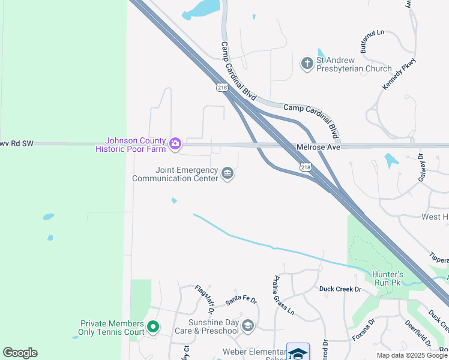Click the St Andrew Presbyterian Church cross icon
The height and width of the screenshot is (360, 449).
point(307,63)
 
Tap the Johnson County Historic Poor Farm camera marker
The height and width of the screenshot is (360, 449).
point(175,143)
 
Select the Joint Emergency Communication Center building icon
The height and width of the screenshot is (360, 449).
point(228,174)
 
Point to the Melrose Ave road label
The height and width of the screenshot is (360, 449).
point(318,147)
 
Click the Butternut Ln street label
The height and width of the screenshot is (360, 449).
point(372,41)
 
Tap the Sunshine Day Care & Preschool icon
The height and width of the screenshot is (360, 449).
point(247,326)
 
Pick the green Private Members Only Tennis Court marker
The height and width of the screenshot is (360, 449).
point(153,327)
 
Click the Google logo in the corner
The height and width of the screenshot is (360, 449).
point(20,353)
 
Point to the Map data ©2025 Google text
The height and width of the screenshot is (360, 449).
point(412,355)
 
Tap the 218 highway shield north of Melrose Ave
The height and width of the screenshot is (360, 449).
point(223,88)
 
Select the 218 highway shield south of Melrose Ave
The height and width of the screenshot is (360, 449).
point(306,167)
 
